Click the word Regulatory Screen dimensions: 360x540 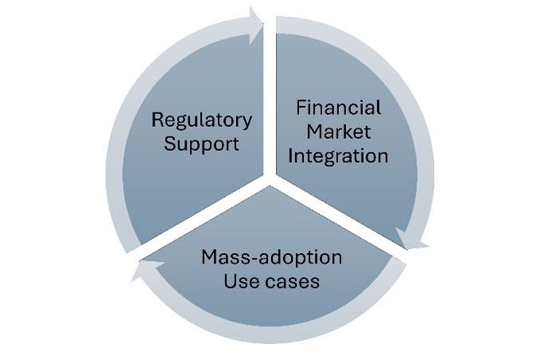click(x=202, y=122)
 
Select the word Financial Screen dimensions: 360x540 click(x=338, y=107)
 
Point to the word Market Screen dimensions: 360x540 click(x=338, y=131)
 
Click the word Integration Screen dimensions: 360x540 click(x=338, y=155)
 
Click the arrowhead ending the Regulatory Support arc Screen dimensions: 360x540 click(x=257, y=18)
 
